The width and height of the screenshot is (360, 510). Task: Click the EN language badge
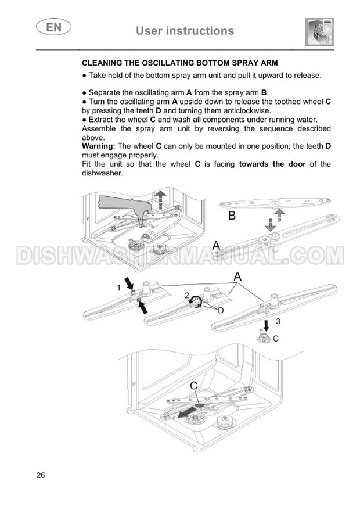pos(53,27)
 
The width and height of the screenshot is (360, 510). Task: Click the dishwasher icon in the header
pos(320,32)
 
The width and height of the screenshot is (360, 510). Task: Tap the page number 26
pos(41,475)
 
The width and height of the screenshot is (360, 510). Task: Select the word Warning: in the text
pos(99,146)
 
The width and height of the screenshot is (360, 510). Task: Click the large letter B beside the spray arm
pos(232,216)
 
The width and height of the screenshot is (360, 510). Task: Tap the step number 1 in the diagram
pos(118,288)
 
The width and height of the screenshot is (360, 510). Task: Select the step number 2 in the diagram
pos(186,295)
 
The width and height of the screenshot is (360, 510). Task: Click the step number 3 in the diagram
pos(278,321)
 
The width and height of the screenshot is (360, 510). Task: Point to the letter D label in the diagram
pos(221,310)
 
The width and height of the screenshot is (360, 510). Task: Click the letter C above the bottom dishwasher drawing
pos(193,386)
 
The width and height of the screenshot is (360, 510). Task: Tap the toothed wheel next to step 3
pos(264,337)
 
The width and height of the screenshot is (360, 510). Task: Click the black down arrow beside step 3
pos(267,325)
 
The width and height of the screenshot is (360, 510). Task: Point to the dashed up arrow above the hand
pos(160,199)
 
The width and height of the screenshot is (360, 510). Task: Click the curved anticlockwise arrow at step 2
pos(196,302)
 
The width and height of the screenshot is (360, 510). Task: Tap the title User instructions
pos(185,31)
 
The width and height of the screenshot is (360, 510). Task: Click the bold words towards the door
pos(272,164)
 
